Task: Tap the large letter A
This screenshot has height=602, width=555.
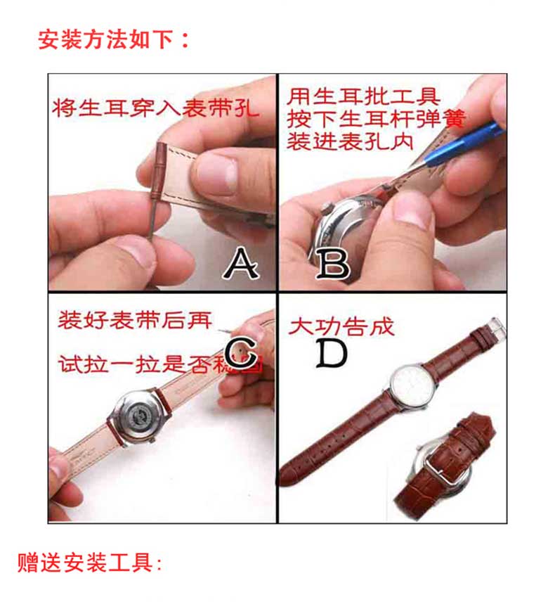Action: coord(240,264)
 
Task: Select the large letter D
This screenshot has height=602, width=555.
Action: coord(330,354)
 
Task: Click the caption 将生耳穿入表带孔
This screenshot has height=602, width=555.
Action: coord(155,109)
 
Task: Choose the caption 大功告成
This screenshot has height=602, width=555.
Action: coord(342,326)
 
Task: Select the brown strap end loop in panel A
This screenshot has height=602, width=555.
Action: coord(162,172)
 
